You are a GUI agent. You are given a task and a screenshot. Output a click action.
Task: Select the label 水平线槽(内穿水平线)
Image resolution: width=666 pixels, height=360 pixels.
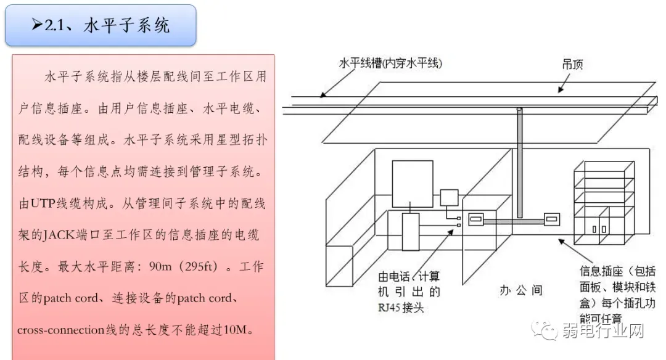tap(390, 63)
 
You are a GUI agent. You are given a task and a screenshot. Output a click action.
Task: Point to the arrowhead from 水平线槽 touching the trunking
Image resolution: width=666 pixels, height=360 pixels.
tap(321, 95)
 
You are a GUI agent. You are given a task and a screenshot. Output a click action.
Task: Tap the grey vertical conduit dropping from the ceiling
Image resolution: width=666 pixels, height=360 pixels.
tap(519, 166)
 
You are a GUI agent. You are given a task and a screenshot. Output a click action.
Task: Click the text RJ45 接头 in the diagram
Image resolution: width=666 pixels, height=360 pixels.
tap(401, 307)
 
